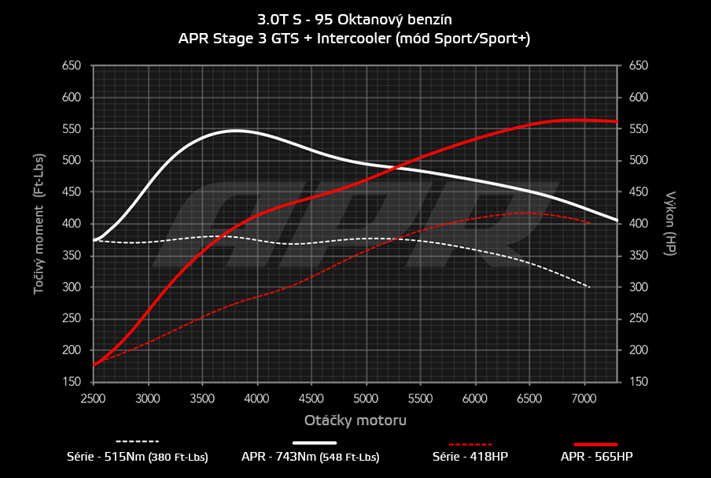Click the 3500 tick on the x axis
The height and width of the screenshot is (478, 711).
[x=202, y=398]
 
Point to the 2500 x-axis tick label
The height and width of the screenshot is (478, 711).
[x=93, y=398]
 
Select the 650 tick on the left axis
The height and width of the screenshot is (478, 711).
[x=72, y=66]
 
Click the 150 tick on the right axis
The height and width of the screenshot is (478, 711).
[x=639, y=382]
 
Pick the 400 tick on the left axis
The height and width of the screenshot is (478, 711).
[x=72, y=224]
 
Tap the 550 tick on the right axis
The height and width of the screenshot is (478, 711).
[x=639, y=129]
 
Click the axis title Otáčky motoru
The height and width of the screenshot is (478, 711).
[x=355, y=420]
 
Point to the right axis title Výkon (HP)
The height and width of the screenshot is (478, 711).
[x=671, y=224]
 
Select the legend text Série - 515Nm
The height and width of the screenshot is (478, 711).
[x=138, y=456]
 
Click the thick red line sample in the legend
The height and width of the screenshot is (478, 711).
[x=595, y=443]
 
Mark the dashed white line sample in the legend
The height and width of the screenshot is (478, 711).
[x=138, y=441]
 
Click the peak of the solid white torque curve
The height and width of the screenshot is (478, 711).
[x=235, y=131]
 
